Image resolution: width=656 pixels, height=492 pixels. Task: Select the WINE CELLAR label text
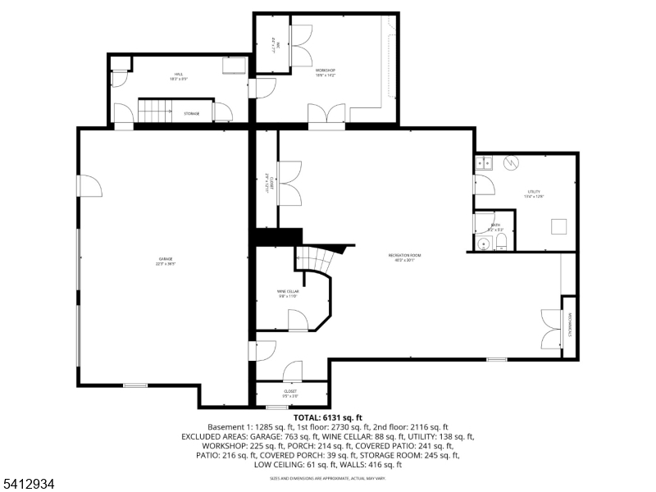[287, 293]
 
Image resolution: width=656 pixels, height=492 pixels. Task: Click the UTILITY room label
[534, 194]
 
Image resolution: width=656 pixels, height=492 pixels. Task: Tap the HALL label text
[179, 75]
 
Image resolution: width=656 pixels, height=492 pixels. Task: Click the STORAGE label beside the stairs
[191, 113]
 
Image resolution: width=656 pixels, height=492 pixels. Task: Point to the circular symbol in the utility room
[510, 162]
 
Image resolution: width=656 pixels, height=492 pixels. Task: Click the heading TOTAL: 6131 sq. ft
[327, 417]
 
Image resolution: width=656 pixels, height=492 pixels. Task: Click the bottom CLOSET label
[290, 393]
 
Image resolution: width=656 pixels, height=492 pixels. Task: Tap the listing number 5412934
[28, 484]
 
